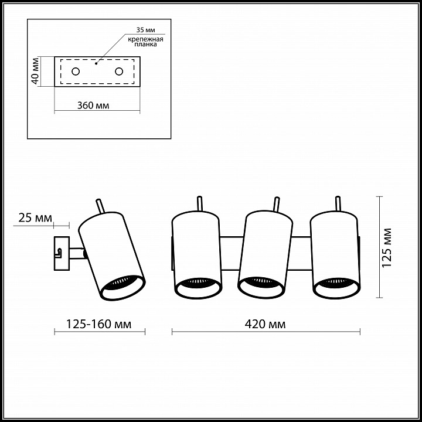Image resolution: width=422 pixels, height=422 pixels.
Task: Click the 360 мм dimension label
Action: pos(93,105)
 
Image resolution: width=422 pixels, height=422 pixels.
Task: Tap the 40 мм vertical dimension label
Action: pos(35,72)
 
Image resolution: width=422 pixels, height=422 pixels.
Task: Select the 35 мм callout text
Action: pos(145,30)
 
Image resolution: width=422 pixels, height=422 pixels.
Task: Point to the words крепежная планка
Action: pos(145,42)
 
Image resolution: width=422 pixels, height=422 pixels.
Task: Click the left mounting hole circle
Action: pos(76,72)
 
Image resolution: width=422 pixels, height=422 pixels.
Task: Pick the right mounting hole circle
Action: pos(119,72)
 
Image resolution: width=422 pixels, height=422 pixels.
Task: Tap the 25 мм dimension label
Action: pos(35,217)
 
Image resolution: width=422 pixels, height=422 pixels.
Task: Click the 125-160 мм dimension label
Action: pos(99,324)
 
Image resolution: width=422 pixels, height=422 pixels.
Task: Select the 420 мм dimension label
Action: pos(265,324)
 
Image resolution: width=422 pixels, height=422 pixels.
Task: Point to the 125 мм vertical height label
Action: pos(386,247)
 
